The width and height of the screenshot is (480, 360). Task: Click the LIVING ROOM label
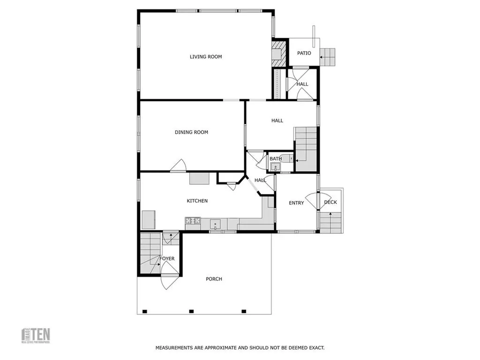pos(206,57)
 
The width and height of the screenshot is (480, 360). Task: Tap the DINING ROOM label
pos(191,132)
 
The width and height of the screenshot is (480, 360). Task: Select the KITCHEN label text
pos(197,201)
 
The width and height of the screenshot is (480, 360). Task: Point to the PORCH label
pos(214,279)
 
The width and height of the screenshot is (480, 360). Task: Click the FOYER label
pos(167,259)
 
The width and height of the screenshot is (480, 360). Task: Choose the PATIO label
pos(304,53)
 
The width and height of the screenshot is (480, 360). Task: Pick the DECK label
pos(330,202)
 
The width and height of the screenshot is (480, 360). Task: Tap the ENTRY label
pos(296,203)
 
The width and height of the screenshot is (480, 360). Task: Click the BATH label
pos(276,158)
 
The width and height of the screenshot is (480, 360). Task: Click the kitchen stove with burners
pos(193,220)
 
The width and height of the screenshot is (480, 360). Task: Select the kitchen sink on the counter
pos(216,223)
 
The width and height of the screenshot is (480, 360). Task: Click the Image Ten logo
pos(37,335)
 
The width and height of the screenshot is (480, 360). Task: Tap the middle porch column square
pos(191,311)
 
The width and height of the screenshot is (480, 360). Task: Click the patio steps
pos(329,57)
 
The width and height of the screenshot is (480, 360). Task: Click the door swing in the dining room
pos(179,166)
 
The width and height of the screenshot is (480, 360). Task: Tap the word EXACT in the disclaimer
pos(316,348)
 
